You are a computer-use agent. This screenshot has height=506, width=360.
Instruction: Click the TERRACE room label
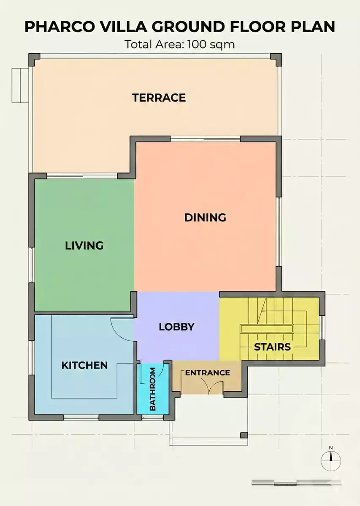tap(159, 98)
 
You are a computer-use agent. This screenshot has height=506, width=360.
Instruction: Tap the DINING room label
tap(205, 218)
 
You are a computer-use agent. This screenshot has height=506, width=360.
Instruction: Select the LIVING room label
tap(84, 245)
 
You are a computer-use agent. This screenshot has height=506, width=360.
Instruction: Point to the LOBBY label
tap(176, 327)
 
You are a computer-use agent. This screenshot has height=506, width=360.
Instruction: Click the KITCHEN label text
tap(84, 365)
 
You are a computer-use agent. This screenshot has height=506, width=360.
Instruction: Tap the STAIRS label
tap(272, 347)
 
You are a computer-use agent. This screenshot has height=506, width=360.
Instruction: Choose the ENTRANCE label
tap(207, 373)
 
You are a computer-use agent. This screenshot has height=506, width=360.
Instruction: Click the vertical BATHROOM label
tap(153, 389)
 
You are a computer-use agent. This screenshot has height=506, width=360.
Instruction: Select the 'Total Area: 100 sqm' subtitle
tap(180, 44)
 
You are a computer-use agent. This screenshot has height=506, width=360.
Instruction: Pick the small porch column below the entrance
tap(244, 435)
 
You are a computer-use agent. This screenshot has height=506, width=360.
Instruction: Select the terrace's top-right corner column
tap(276, 59)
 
